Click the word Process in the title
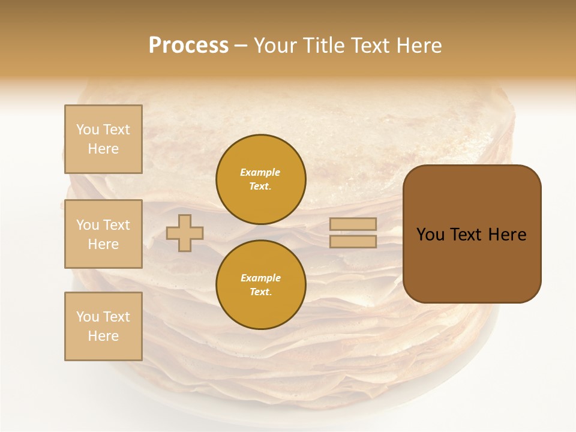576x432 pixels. (188, 46)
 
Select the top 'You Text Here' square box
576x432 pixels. (103, 139)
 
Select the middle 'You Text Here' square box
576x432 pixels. (103, 234)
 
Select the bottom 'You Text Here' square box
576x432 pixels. (103, 326)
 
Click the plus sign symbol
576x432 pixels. (185, 233)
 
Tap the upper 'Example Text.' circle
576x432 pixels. (261, 179)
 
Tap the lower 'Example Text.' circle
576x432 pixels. (261, 285)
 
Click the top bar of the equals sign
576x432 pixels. (353, 224)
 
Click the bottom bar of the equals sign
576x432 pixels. (353, 241)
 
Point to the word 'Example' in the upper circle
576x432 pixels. (260, 172)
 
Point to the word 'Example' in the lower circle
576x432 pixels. (260, 278)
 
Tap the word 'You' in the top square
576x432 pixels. (88, 130)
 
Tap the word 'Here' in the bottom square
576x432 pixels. (103, 336)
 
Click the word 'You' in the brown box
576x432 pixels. (431, 235)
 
